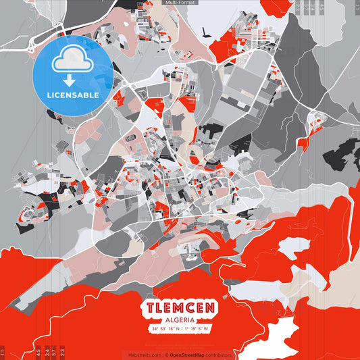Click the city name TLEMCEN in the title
pos(180,307)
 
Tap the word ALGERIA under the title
pos(180,319)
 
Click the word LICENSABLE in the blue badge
pos(73,95)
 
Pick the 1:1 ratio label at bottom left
pos(3,351)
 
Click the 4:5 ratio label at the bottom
pos(38,351)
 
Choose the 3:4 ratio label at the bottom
pos(46,351)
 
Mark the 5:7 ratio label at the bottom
pos(54,351)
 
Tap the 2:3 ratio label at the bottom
pos(63,351)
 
